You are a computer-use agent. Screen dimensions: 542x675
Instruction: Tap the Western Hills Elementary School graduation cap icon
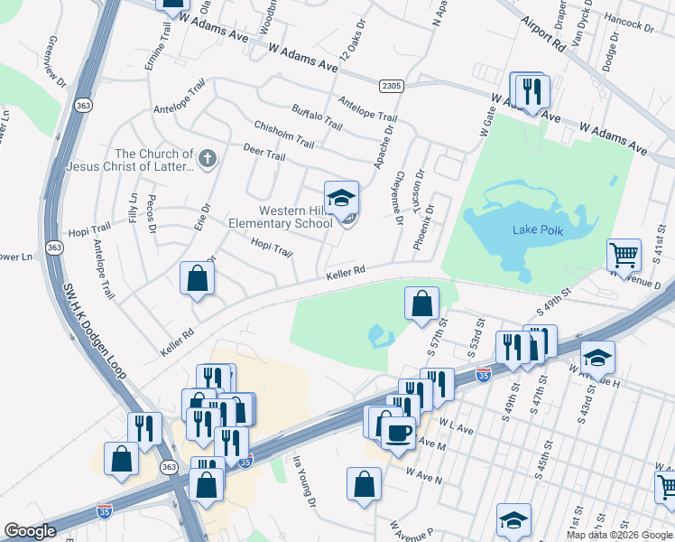click(342, 199)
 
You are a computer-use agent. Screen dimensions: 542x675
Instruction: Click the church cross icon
click(208, 161)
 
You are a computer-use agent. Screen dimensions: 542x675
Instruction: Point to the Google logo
click(30, 531)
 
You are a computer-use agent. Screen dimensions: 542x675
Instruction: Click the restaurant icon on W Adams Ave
click(531, 90)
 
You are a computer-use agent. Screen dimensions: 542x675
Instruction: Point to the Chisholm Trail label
click(283, 134)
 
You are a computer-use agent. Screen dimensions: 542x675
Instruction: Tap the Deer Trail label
click(264, 154)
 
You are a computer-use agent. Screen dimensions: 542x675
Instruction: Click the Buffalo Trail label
click(317, 117)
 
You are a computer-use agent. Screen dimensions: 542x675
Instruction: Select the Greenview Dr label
click(54, 61)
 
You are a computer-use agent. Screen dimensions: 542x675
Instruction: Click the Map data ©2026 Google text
click(619, 535)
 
